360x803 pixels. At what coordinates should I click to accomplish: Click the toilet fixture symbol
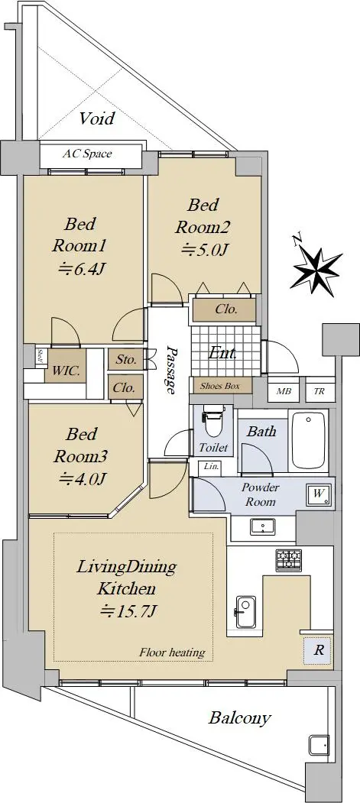211,422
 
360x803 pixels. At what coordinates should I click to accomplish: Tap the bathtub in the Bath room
308,442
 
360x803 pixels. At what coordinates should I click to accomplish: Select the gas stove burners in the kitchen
289,560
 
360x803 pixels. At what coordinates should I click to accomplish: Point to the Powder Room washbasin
263,526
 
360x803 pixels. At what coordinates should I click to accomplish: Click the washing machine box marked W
319,494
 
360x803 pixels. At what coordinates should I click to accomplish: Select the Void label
97,119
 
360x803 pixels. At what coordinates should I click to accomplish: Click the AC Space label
87,154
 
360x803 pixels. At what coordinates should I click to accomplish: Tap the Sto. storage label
126,360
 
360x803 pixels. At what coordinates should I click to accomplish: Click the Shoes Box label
219,386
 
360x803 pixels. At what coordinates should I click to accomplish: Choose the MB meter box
284,392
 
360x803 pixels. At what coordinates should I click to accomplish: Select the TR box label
319,392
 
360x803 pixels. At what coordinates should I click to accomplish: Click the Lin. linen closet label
210,466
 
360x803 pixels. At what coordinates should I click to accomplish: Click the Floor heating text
172,652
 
